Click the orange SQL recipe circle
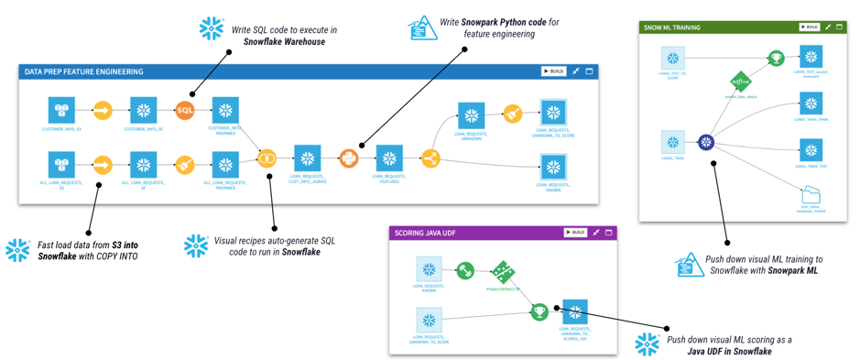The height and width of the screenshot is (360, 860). pos(185,111)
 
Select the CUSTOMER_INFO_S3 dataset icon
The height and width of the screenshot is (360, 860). pos(61,111)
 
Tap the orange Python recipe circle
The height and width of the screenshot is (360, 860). pos(348,158)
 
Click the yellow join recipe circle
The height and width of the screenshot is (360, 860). pos(267,158)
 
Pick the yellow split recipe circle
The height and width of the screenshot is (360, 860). pos(430,158)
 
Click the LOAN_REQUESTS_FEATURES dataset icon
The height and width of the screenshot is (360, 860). pos(389,158)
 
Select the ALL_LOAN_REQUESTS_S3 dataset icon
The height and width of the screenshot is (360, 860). pos(61,165)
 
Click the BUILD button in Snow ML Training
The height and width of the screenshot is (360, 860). pos(809,27)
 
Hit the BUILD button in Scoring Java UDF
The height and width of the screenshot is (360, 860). pos(575,233)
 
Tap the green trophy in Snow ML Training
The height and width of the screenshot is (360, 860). pos(776,58)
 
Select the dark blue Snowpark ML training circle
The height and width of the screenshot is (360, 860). pos(706,142)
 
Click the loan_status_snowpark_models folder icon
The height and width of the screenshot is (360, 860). pos(811,195)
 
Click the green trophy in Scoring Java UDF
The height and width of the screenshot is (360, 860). pos(539,311)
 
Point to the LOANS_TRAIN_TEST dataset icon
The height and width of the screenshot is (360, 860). pos(811,149)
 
